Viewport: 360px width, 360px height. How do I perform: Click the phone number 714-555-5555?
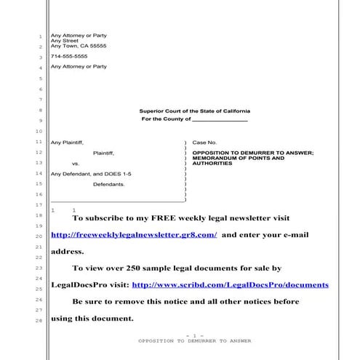69,56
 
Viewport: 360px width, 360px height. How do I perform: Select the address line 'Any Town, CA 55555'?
78,46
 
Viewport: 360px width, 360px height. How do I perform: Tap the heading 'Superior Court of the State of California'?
193,111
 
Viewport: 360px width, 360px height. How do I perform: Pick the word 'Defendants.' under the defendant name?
109,185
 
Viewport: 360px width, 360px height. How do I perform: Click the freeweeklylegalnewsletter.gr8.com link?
134,235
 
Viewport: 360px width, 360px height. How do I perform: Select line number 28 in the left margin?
41,320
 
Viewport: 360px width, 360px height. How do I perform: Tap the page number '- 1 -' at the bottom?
194,335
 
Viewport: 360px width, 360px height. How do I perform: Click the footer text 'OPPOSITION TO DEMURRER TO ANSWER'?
194,341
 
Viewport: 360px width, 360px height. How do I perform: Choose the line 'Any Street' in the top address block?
63,41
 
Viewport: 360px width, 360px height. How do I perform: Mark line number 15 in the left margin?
41,184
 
